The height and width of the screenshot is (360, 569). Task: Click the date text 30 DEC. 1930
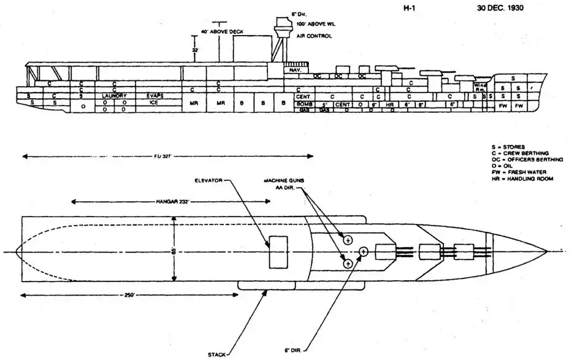tap(505, 9)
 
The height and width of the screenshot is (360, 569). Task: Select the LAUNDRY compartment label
tap(115, 96)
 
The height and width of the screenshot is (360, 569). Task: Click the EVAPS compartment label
tap(154, 96)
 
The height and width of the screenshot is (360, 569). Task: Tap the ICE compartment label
tap(154, 102)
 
